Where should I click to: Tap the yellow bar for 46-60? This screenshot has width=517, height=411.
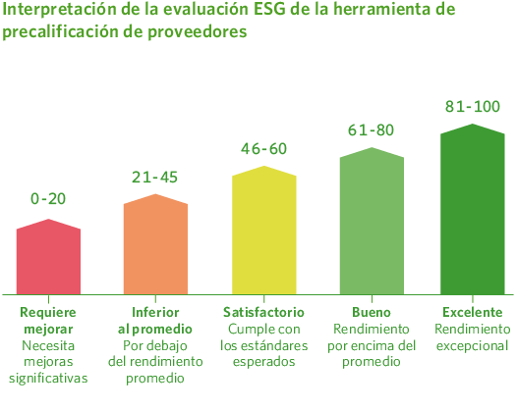click(263, 231)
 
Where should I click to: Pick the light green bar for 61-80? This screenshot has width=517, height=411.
click(372, 222)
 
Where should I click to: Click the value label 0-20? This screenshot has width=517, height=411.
click(48, 198)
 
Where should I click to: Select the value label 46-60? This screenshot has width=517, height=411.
click(263, 149)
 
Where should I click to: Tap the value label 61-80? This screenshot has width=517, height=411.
click(372, 129)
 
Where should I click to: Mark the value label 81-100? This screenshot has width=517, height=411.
click(472, 106)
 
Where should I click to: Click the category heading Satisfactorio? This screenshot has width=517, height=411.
click(263, 311)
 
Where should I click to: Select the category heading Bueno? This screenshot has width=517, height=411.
click(372, 311)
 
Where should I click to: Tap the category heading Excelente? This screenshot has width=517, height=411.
click(472, 311)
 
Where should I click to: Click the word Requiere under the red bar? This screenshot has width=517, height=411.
click(48, 311)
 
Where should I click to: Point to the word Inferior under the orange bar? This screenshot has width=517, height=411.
click(155, 311)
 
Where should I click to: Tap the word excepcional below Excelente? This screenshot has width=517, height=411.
click(472, 345)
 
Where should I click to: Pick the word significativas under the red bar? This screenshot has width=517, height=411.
click(48, 378)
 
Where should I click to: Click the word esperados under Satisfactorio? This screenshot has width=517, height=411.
click(263, 362)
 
